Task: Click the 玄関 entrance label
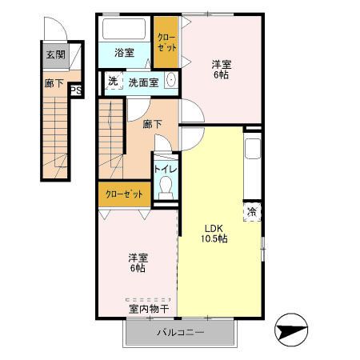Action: coord(56,55)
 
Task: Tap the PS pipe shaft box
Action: coord(76,90)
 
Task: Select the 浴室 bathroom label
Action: coord(124,53)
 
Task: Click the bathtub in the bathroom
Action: coord(124,29)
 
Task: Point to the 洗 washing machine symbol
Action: coord(114,81)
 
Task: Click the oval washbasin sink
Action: coord(170,79)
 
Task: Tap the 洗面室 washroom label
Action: coord(143,82)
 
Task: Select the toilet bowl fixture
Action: coord(166,187)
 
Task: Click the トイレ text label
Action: coord(166,169)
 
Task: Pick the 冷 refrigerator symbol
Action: coord(252,212)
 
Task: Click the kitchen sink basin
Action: coord(253,149)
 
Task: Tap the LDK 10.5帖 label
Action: coord(214,234)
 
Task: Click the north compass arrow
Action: coord(291,330)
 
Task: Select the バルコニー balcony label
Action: coord(181,332)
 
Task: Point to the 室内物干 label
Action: coord(149,309)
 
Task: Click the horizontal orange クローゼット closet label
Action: coord(124,194)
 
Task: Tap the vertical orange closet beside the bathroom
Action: coord(166,42)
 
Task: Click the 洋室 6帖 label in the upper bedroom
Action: coord(222,70)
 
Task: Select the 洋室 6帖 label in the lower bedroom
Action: coord(138,262)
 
